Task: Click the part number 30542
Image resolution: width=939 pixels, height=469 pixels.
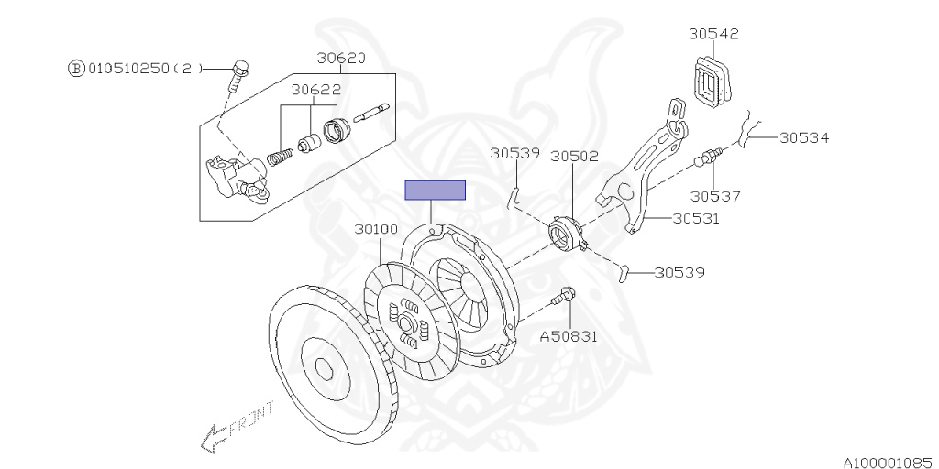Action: [713, 34]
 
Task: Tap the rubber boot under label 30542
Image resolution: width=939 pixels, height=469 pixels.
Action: [714, 81]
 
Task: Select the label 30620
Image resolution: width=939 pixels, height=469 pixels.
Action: [341, 59]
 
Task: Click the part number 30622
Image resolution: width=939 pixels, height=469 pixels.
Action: [316, 90]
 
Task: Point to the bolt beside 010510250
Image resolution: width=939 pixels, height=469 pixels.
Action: [238, 74]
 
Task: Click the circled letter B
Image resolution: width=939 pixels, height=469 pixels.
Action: [75, 69]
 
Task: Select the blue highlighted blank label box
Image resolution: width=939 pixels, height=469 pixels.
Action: [436, 190]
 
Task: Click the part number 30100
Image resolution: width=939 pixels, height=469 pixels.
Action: [376, 229]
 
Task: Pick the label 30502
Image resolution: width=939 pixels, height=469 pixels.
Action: [575, 157]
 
